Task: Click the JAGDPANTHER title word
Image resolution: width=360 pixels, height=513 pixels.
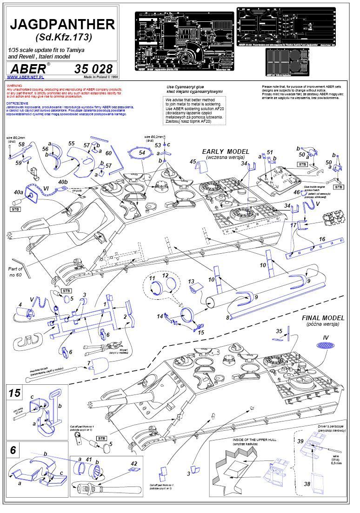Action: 62,24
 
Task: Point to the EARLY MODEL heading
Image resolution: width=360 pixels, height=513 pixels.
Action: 226,152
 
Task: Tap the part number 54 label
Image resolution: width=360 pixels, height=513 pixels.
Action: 142,152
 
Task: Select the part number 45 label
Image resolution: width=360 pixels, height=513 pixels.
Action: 193,161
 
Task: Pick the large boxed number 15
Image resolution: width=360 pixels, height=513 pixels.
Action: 15,393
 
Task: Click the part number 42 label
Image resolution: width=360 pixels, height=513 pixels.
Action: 134,463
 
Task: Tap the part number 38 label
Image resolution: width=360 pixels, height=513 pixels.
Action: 307,484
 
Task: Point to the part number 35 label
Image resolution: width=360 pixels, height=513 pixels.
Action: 279,331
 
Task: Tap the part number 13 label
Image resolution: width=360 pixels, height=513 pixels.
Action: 191,282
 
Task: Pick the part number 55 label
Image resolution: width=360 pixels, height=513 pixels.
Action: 71,144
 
